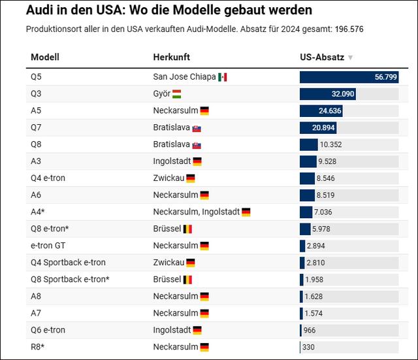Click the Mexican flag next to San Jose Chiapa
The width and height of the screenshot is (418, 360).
pos(223,77)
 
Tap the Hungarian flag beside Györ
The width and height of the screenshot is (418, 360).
pos(177,94)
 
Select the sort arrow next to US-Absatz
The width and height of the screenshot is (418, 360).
pos(351,57)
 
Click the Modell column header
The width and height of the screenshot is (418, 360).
pos(45,57)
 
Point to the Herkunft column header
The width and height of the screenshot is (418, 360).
pos(172,57)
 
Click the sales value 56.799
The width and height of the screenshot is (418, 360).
pos(386,77)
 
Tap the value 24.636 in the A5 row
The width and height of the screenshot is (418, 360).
pos(330,111)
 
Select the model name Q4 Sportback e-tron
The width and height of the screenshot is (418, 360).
pos(68,263)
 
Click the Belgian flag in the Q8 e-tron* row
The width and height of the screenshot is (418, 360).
pos(187,229)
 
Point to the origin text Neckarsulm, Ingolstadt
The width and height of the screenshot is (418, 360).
pos(195,212)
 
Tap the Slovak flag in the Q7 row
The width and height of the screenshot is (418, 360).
pos(197,128)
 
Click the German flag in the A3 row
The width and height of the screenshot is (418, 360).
pos(197,161)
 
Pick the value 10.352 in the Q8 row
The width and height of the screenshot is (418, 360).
pos(331,144)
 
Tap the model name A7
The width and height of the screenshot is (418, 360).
pos(36,314)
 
